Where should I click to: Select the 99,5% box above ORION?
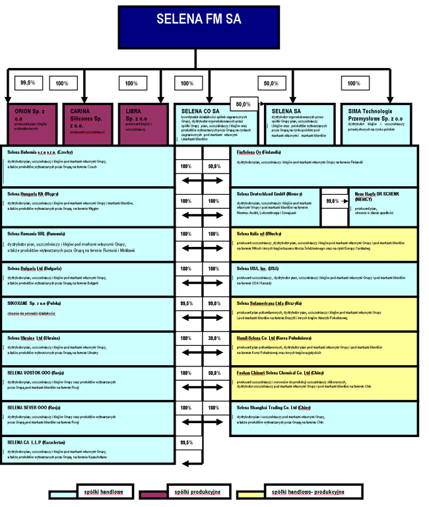click(x=28, y=83)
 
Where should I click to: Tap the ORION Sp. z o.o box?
click(x=28, y=123)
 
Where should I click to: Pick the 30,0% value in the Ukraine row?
click(x=214, y=338)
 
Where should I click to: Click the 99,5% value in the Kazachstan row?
click(x=186, y=442)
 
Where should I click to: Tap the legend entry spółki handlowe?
click(x=96, y=492)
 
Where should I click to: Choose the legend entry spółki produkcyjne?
click(x=196, y=492)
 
